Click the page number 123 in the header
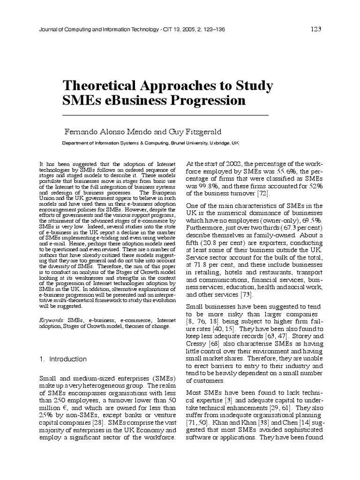tap(315, 29)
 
